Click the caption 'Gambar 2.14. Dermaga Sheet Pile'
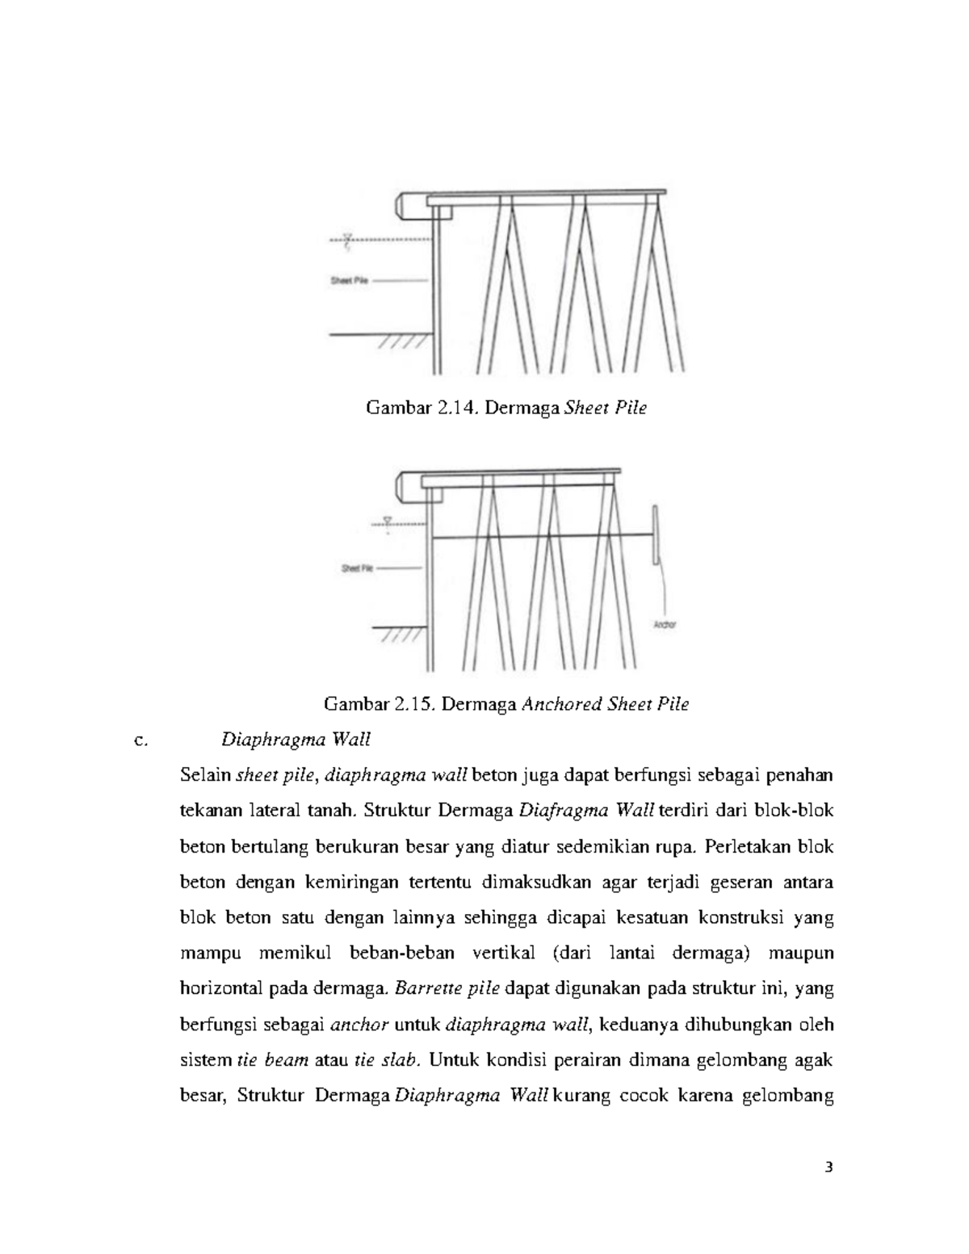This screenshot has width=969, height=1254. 506,409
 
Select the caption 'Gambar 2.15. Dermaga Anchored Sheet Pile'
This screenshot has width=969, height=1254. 506,704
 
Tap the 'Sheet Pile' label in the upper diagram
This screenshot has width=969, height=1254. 349,281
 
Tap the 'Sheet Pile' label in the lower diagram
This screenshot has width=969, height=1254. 356,568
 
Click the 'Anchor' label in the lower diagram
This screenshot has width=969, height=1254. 664,625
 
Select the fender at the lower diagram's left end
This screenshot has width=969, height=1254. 409,488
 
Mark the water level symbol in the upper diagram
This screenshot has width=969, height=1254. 348,240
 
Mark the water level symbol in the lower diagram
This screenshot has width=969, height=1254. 388,523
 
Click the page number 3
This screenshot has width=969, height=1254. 828,1167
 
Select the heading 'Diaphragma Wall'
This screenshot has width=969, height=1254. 296,740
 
